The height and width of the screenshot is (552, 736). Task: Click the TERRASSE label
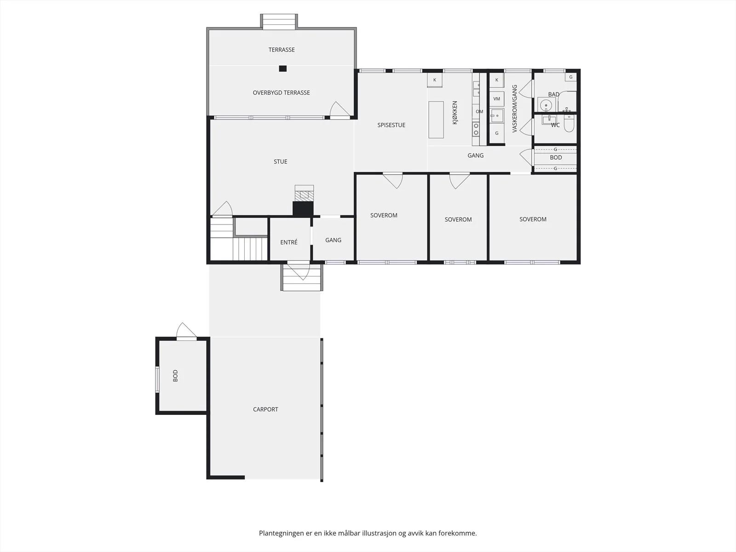click(x=282, y=50)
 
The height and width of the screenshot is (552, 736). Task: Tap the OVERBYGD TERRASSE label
click(x=282, y=93)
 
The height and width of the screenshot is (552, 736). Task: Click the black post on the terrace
click(x=282, y=69)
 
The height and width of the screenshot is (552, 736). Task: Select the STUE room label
click(x=280, y=161)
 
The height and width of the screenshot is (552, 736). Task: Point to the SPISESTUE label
click(x=391, y=125)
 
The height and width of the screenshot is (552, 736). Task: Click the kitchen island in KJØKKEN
click(x=436, y=120)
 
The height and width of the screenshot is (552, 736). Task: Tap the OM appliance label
click(x=479, y=112)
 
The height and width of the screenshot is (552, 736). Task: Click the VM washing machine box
click(x=497, y=99)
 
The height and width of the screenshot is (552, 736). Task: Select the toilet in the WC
click(x=569, y=124)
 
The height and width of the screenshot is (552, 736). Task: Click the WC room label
click(x=555, y=125)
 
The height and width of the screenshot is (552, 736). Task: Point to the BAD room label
click(x=553, y=94)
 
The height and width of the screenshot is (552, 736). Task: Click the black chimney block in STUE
click(x=303, y=209)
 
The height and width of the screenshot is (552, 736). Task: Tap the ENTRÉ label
click(x=289, y=242)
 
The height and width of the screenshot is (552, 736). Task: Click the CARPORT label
click(x=265, y=409)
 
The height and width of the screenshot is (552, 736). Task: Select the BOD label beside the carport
click(x=175, y=376)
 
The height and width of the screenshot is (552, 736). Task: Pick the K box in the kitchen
click(x=435, y=80)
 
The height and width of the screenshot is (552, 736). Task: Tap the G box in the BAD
click(x=571, y=77)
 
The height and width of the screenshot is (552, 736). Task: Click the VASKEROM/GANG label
click(x=515, y=109)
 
